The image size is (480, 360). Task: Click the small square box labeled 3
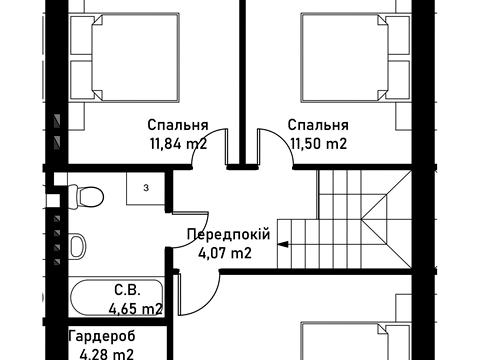(145, 187)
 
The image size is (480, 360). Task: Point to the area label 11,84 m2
(179, 144)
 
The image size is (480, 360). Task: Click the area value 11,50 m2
(318, 144)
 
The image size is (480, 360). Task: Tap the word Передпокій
(228, 234)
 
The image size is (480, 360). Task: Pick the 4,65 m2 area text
(135, 309)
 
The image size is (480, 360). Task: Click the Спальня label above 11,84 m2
(177, 126)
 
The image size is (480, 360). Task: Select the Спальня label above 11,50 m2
(318, 126)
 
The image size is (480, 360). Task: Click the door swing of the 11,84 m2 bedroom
(215, 148)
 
